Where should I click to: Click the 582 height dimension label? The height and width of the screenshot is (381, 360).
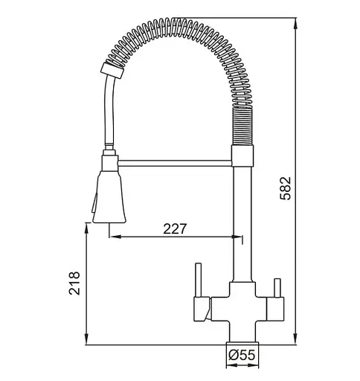pyautogui.click(x=285, y=188)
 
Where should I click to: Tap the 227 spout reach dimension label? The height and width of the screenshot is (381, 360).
pyautogui.click(x=175, y=229)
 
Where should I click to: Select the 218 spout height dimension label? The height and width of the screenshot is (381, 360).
pyautogui.click(x=74, y=283)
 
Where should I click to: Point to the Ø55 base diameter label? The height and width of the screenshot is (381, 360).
pyautogui.click(x=242, y=355)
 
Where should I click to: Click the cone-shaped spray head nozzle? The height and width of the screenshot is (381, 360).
pyautogui.click(x=109, y=196)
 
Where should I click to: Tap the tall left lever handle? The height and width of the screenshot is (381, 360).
pyautogui.click(x=199, y=281)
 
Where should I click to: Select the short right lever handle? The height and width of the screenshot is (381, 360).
pyautogui.click(x=277, y=288)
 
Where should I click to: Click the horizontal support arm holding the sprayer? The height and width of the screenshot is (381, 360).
pyautogui.click(x=175, y=163)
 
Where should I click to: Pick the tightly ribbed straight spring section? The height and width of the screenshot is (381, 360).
pyautogui.click(x=242, y=126)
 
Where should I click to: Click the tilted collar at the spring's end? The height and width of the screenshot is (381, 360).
pyautogui.click(x=112, y=71)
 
